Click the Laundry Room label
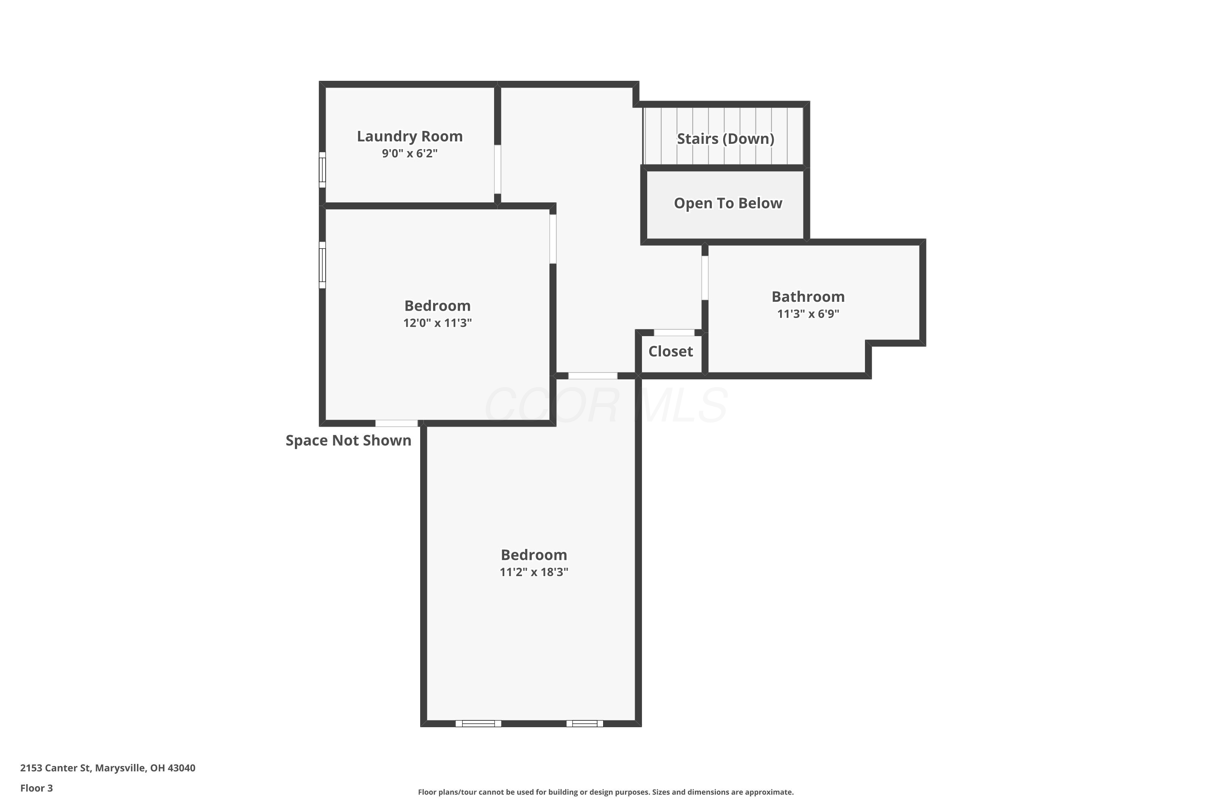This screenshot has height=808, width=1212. pos(410,136)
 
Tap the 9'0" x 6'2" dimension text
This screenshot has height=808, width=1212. pos(410,153)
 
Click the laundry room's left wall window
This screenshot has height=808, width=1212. pos(322,170)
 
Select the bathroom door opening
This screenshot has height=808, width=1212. pos(705,278)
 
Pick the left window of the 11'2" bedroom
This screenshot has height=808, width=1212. pos(478,724)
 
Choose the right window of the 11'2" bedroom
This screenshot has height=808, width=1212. pos(585,724)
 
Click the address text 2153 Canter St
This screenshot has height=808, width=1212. pos(56,768)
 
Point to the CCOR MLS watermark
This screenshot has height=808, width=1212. pos(606,405)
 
